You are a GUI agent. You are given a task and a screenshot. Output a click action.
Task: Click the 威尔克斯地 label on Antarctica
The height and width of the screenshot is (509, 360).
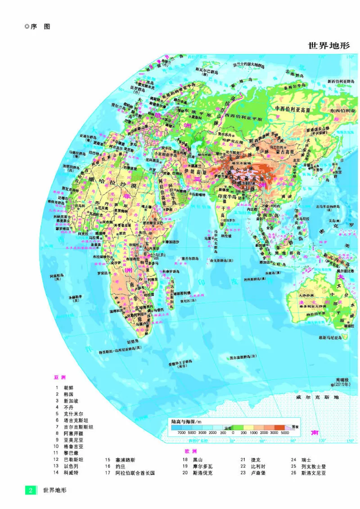317,397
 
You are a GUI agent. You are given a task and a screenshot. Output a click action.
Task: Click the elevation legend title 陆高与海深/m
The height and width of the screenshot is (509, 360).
189,421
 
